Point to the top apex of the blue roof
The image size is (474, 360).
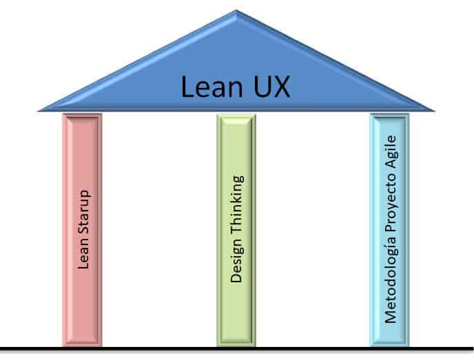click(236, 11)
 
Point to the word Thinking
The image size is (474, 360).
click(237, 207)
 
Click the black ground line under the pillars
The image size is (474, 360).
click(237, 349)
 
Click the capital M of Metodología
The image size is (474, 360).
click(391, 317)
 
